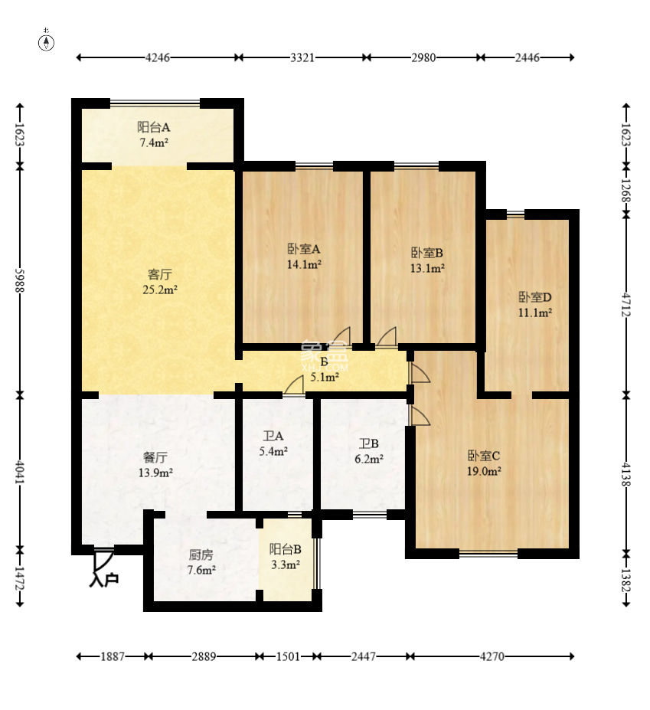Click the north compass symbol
click(46, 41)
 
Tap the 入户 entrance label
click(104, 579)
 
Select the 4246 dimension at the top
click(158, 57)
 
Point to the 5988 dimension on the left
click(20, 281)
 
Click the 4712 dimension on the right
click(626, 305)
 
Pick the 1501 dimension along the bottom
click(288, 656)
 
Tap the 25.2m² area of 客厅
click(160, 290)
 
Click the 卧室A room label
click(304, 249)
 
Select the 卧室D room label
click(535, 297)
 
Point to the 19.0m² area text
click(484, 471)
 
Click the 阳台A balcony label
click(154, 127)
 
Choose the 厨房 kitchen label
click(201, 555)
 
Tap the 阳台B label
click(285, 549)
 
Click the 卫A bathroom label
click(273, 436)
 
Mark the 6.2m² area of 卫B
click(369, 459)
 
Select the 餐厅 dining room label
click(155, 457)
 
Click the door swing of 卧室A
click(342, 336)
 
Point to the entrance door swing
click(103, 561)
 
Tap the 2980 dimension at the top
click(423, 57)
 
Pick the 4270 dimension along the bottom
click(492, 656)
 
